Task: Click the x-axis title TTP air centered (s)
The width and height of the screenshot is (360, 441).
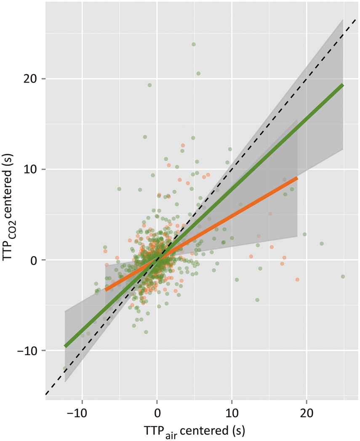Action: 200,430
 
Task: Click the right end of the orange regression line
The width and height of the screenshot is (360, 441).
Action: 297,178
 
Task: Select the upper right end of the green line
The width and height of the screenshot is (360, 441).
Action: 343,85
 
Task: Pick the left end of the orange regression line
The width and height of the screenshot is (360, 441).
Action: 106,290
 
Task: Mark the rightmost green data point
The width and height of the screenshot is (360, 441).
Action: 343,276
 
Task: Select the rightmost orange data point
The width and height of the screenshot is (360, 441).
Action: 297,279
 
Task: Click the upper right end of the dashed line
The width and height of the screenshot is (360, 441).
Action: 356,19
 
